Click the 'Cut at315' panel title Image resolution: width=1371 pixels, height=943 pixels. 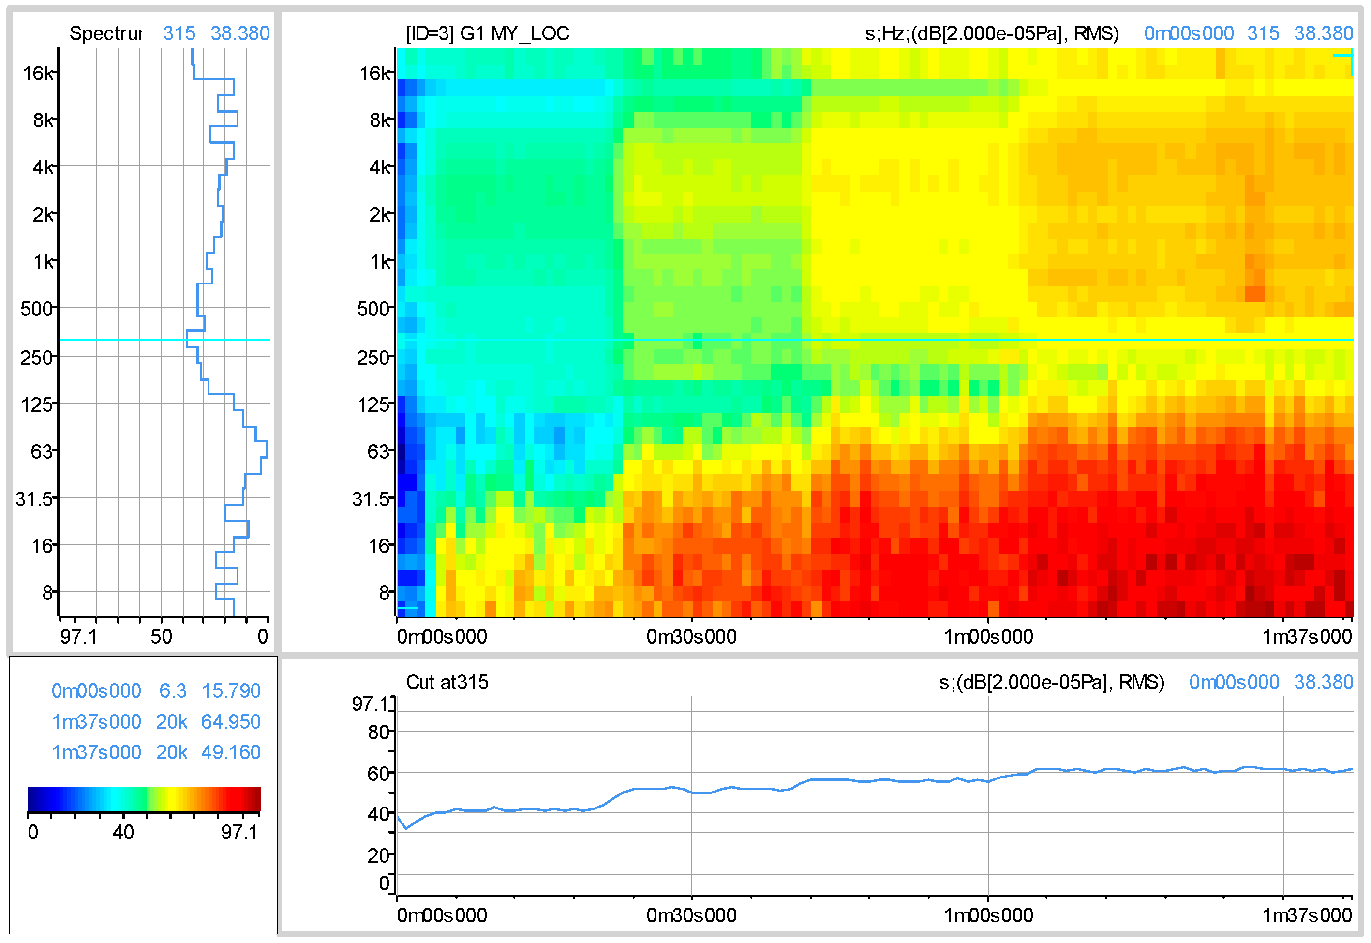[447, 682]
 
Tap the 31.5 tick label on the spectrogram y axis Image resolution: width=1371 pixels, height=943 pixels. [371, 499]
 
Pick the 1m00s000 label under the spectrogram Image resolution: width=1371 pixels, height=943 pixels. [988, 637]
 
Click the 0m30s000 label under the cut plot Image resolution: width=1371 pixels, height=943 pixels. [691, 916]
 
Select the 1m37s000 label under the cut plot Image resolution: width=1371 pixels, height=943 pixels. [1307, 916]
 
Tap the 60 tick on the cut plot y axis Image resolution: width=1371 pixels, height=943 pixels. [378, 774]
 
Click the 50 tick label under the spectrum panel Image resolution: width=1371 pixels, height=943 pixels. [161, 637]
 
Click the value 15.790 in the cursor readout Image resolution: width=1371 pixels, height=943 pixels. [231, 691]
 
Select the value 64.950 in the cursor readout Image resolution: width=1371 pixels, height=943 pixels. [230, 722]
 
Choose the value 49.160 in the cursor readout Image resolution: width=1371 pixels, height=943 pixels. [230, 753]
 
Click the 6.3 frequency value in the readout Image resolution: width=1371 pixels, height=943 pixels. [173, 691]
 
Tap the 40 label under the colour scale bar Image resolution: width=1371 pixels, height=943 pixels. [123, 833]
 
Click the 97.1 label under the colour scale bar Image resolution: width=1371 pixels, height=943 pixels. [239, 833]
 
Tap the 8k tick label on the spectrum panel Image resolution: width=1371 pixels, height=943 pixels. [43, 120]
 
